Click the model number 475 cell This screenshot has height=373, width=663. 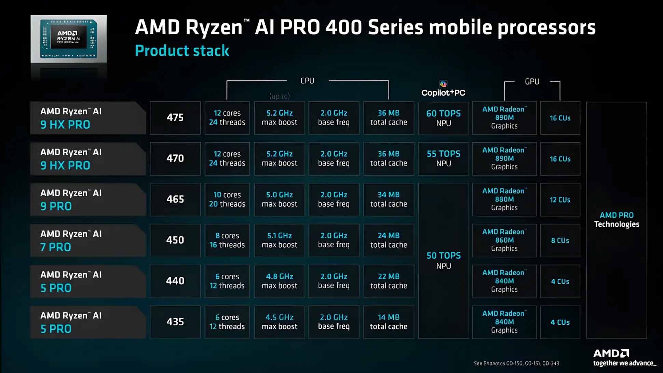click(x=175, y=118)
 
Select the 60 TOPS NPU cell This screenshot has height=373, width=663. click(x=443, y=118)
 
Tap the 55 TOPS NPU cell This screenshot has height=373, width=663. click(x=443, y=158)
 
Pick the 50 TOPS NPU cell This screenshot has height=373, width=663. click(x=443, y=260)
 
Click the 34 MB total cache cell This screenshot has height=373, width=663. click(x=389, y=200)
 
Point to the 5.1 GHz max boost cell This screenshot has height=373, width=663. click(x=279, y=240)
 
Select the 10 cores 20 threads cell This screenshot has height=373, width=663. click(x=227, y=200)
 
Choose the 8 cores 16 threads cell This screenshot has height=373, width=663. click(x=227, y=240)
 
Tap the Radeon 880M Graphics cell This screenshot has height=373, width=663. click(x=504, y=200)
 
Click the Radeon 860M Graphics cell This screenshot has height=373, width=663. click(x=504, y=240)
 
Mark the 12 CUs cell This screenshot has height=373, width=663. click(x=560, y=200)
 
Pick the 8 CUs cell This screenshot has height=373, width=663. click(x=560, y=240)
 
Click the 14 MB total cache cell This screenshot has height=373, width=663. click(x=389, y=322)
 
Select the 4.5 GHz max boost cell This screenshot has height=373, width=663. click(x=279, y=322)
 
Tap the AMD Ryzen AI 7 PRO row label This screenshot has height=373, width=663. click(x=88, y=240)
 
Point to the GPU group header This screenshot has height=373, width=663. click(x=532, y=81)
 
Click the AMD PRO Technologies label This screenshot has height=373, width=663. click(x=617, y=220)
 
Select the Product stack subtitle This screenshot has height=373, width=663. click(x=182, y=51)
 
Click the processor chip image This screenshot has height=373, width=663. click(x=69, y=39)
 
